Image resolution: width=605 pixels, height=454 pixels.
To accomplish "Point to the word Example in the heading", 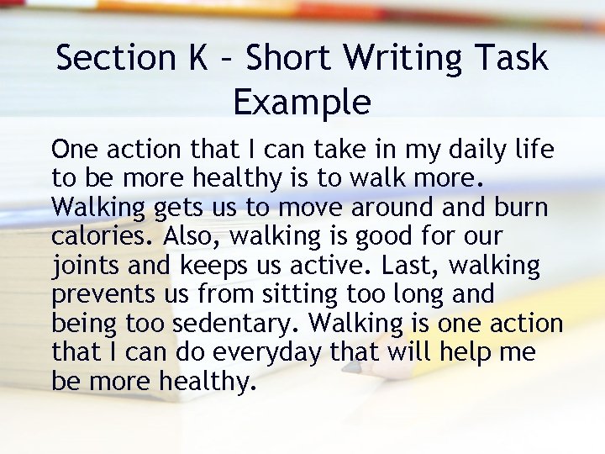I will pyautogui.click(x=302, y=103).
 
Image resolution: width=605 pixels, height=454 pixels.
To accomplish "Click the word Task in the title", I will pyautogui.click(x=513, y=58).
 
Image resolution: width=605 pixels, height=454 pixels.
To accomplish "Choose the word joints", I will pyautogui.click(x=87, y=266).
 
